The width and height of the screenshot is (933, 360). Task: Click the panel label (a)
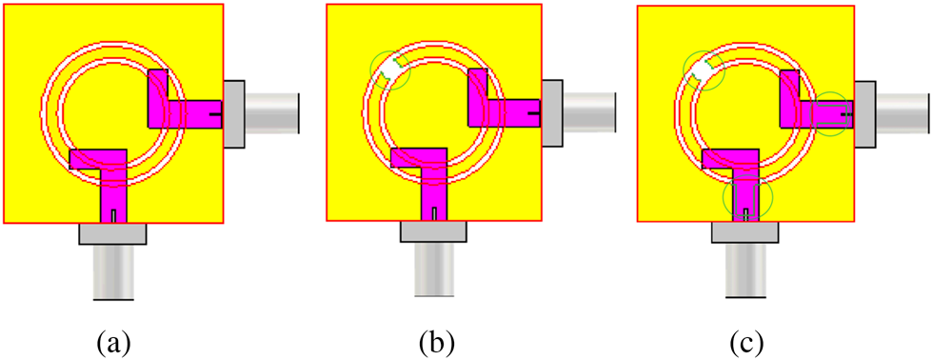coord(115,341)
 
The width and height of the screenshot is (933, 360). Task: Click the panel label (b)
coord(439,341)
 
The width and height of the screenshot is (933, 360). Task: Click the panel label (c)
coord(747,341)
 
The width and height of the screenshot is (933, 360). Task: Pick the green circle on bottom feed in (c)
coord(747,200)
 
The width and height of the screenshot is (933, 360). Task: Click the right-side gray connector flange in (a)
coord(234,113)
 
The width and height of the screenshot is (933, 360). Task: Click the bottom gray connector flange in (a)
coord(112,233)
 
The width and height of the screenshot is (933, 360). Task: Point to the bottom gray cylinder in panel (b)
coord(433,271)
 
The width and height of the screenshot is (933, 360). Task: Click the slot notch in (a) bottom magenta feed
coord(113,214)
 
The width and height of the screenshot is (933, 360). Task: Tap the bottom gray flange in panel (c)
coord(745,233)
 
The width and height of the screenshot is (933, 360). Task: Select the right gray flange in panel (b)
coord(552,113)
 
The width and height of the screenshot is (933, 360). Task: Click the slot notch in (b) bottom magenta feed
coord(433,214)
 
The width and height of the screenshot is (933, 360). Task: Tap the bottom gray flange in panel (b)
coord(433,231)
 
